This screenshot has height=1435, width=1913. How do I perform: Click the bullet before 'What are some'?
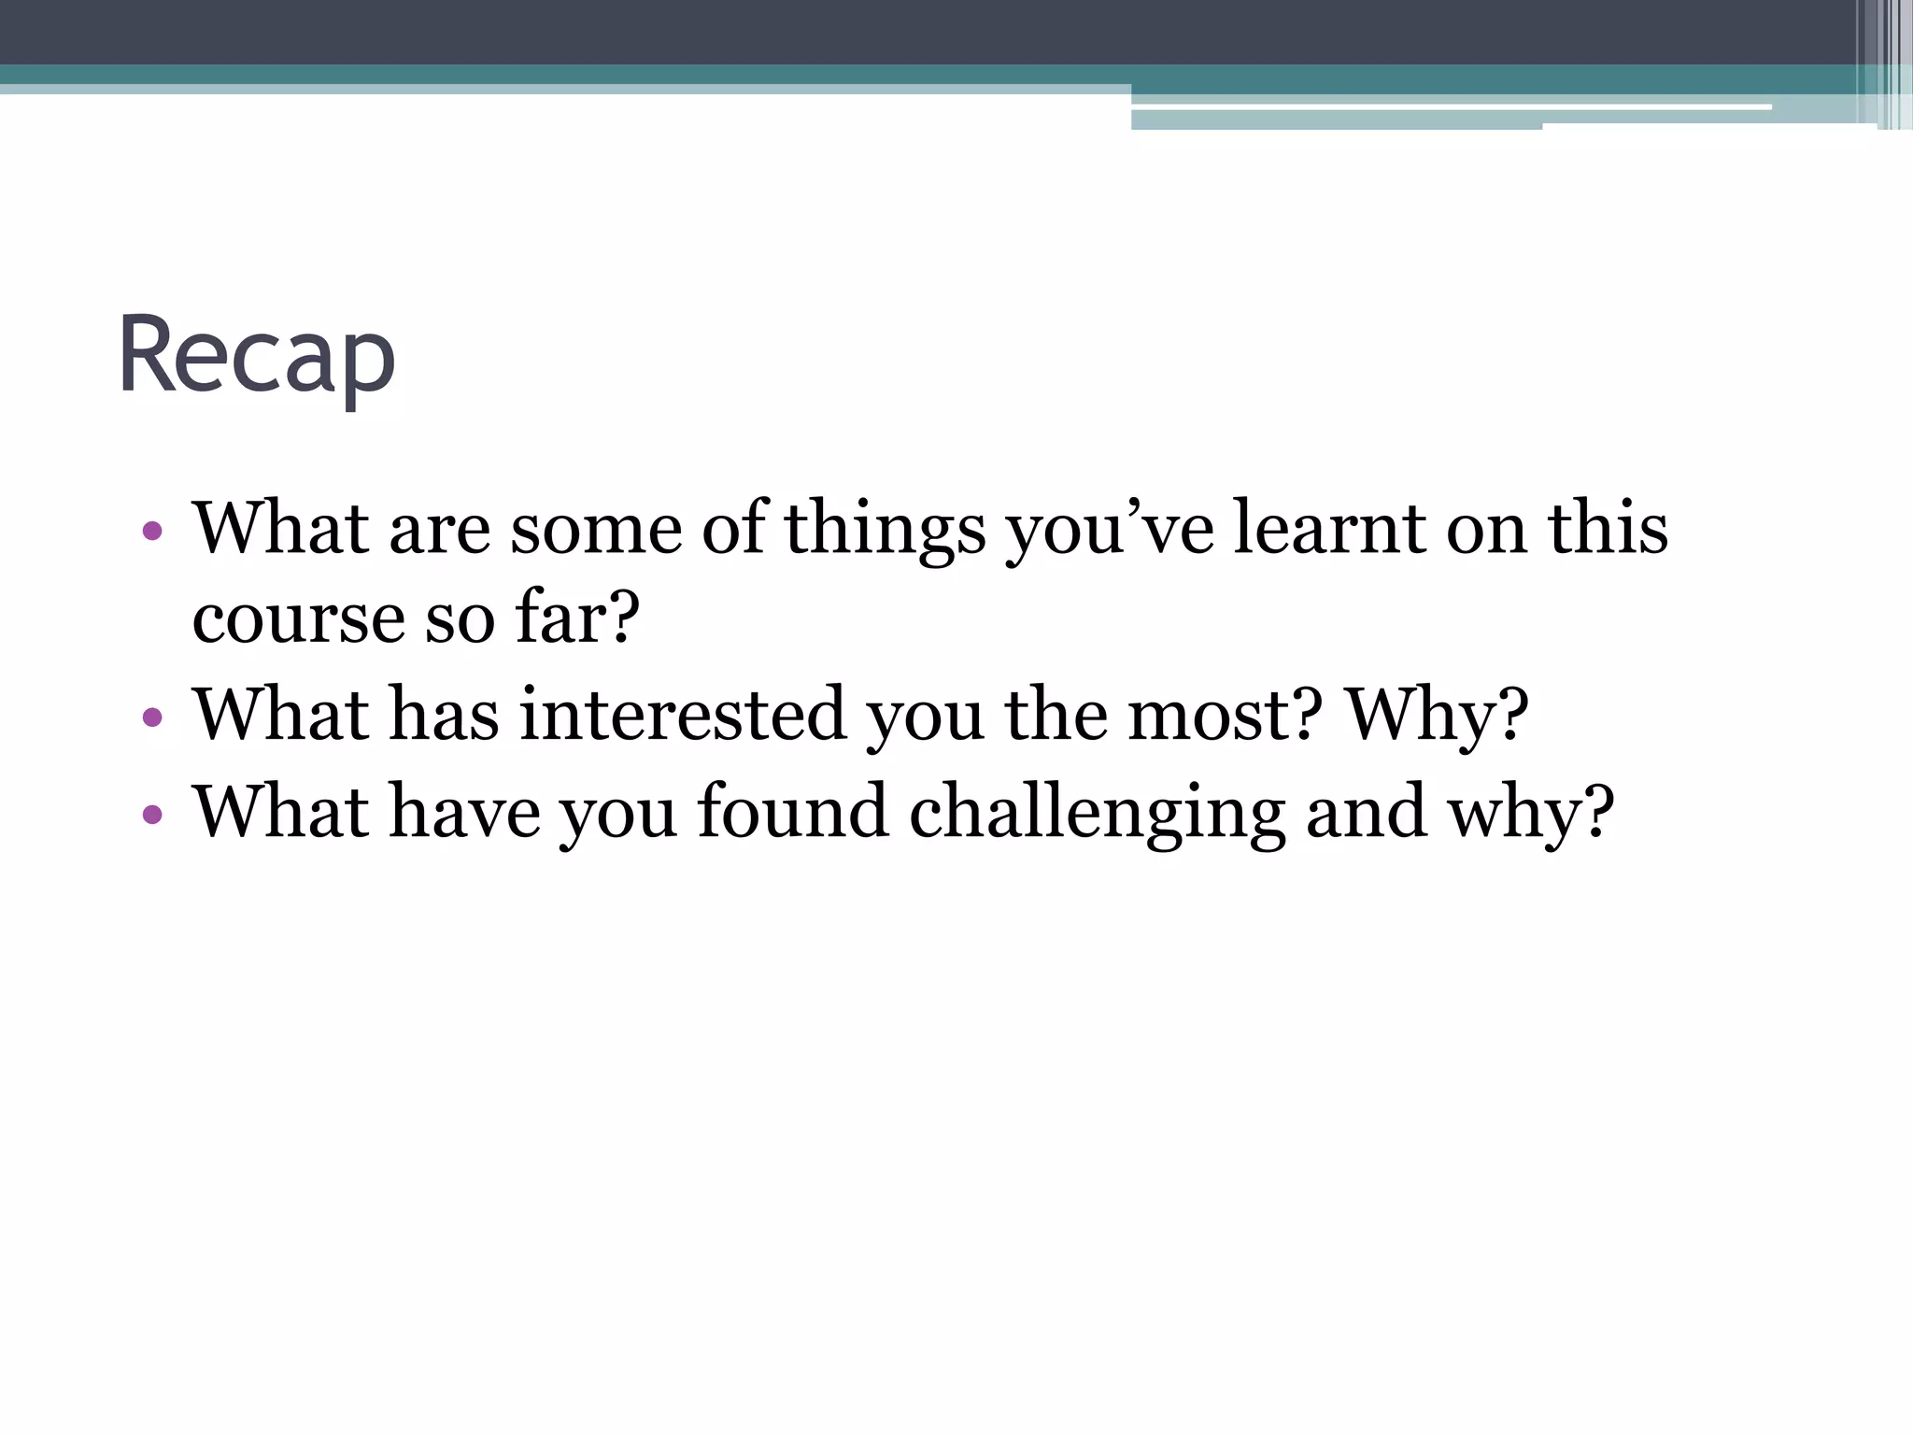(x=152, y=533)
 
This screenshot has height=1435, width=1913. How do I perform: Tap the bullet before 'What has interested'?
(x=152, y=718)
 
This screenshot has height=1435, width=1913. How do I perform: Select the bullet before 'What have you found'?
(x=152, y=815)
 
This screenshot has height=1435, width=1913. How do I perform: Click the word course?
(x=298, y=620)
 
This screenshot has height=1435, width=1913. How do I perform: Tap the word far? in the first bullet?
(x=578, y=618)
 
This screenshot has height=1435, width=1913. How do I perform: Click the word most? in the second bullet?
(x=1225, y=716)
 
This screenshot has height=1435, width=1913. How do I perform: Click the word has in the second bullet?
(x=444, y=716)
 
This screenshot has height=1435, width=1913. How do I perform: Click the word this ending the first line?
(x=1608, y=529)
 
